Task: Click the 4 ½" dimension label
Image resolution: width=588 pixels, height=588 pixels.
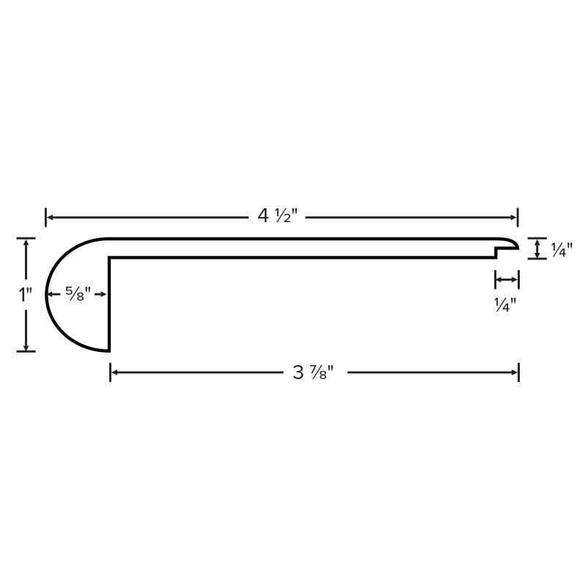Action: point(277,216)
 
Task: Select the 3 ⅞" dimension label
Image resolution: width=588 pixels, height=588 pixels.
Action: point(313,372)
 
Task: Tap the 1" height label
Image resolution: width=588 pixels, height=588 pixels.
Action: point(26,295)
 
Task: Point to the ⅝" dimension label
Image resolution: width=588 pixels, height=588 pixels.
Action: point(78,294)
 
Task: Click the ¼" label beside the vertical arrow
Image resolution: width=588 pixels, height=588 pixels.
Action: point(562,250)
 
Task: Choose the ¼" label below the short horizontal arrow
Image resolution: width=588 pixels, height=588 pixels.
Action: point(505,305)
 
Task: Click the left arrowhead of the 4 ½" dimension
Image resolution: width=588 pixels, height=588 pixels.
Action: point(50,217)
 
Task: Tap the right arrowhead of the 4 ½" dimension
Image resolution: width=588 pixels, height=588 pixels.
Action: point(513,217)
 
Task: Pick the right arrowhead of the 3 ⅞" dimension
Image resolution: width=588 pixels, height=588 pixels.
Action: point(514,372)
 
